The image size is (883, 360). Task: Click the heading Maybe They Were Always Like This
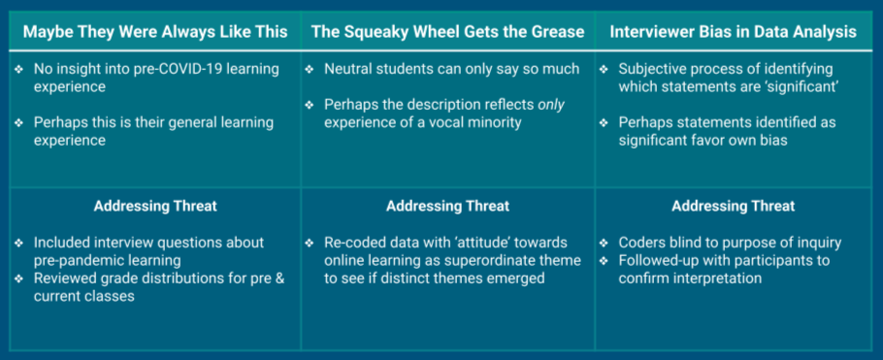point(155,31)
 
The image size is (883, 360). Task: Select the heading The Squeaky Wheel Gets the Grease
point(447,31)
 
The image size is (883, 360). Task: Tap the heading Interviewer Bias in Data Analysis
point(734,31)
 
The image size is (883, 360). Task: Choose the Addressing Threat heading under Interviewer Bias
point(734,206)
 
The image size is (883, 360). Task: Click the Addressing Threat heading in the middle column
point(447,206)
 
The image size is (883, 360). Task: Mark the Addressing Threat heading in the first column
point(155,206)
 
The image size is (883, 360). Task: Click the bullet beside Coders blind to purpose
point(605,244)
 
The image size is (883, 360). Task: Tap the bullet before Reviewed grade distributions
point(19,278)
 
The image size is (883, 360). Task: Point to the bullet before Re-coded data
point(310,244)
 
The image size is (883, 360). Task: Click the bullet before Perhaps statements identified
point(605,123)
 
